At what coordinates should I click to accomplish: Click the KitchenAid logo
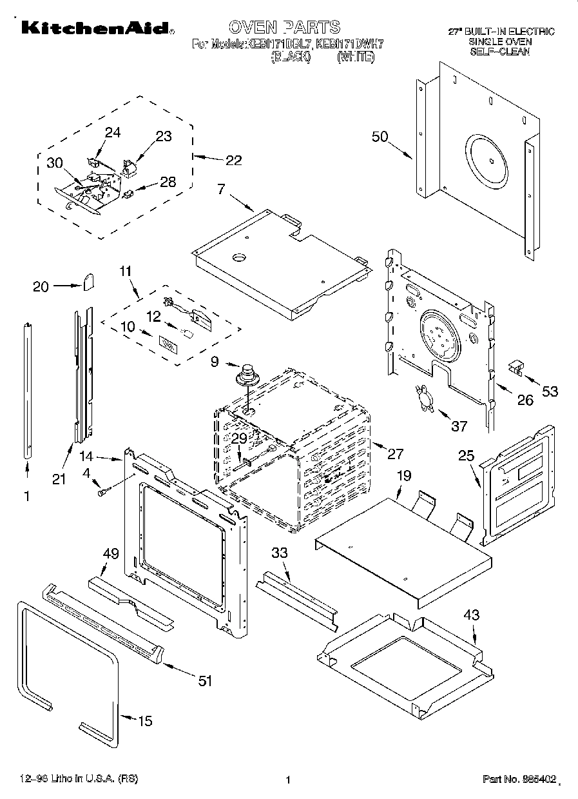pos(95,28)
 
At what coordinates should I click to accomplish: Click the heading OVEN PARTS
pos(284,26)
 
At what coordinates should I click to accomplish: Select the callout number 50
pos(380,137)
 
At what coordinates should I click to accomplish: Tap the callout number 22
pos(233,160)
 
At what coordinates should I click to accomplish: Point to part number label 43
pos(472,615)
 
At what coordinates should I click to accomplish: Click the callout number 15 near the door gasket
pos(146,721)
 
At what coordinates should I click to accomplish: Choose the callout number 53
pos(549,391)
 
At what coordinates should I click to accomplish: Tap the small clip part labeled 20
pos(89,281)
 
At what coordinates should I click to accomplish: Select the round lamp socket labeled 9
pos(247,373)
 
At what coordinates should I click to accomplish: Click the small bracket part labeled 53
pos(515,367)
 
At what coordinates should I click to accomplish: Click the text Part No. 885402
pos(519,780)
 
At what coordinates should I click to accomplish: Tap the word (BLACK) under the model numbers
pos(291,57)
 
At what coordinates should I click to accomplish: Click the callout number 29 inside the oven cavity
pos(239,438)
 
